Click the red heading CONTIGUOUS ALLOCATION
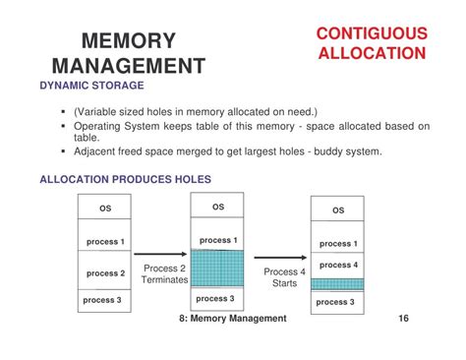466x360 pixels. coord(372,43)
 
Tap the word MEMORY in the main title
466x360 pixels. coord(128,41)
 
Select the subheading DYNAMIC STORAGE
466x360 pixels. coord(87,86)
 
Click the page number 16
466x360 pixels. coord(405,319)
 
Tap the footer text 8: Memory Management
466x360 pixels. coord(233,319)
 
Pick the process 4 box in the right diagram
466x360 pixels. coord(337,266)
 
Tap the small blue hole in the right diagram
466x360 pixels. coord(337,284)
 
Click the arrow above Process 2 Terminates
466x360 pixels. coord(160,255)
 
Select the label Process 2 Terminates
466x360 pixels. coord(164,274)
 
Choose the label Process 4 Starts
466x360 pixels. coord(284,277)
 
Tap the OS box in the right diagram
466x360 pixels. coord(337,210)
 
